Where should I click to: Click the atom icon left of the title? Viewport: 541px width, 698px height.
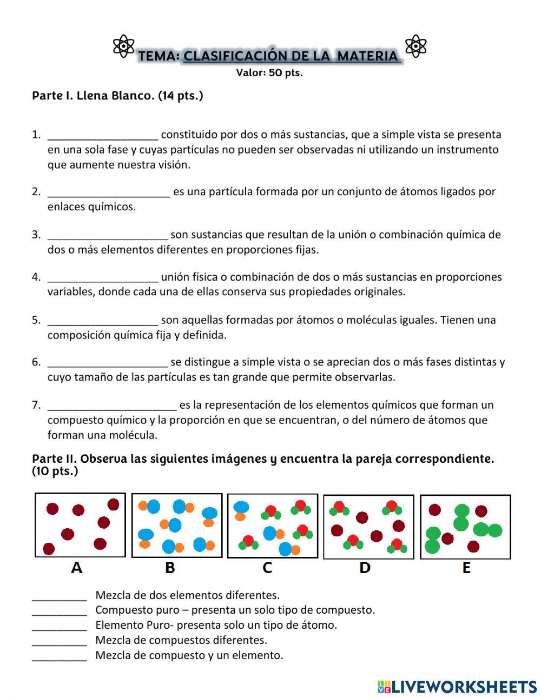(124, 46)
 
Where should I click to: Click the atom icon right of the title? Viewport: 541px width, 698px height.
(415, 46)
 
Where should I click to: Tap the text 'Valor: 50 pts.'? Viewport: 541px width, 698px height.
(269, 73)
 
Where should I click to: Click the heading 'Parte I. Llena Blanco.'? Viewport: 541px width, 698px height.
(117, 96)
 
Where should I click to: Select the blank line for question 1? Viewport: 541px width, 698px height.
(103, 135)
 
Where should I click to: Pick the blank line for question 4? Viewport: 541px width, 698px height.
(103, 278)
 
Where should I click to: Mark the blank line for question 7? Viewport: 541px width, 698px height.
(112, 405)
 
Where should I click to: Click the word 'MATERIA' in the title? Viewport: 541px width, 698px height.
(367, 56)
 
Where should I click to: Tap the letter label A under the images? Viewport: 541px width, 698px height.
(77, 568)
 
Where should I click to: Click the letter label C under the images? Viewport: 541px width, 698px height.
(267, 568)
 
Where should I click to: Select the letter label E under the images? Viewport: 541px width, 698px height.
(466, 568)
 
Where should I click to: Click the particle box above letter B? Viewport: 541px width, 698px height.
(177, 525)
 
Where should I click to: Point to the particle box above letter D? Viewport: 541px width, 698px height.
(368, 526)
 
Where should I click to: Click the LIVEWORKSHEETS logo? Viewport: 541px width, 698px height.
(457, 687)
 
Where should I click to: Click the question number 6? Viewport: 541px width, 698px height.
(36, 362)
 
